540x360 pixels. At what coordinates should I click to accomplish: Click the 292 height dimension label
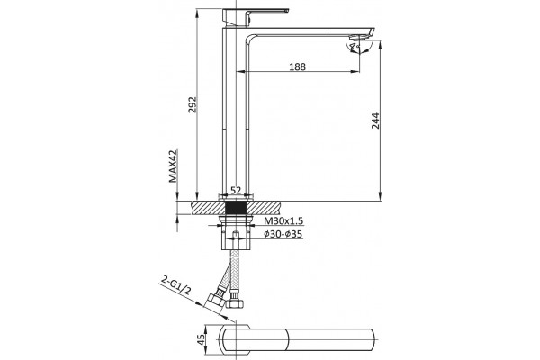(193, 104)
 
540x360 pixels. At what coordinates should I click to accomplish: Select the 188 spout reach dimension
(297, 67)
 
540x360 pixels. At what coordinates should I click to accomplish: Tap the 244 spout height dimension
(375, 121)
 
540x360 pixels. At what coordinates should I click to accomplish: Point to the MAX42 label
(173, 166)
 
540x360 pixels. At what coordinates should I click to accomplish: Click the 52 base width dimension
(236, 190)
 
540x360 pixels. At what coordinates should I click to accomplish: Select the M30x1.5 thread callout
(283, 220)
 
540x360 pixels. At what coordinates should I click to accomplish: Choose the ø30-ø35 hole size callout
(283, 234)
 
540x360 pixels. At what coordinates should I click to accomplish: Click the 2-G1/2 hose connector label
(175, 286)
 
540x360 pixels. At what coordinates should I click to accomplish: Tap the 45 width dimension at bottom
(201, 339)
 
